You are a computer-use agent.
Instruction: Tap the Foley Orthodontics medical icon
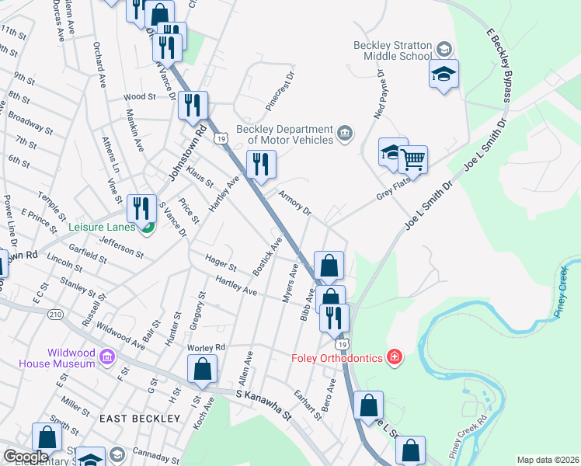pos(395,357)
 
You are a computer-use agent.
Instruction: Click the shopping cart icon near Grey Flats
pos(412,160)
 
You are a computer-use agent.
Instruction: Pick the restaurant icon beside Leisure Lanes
pos(141,207)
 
